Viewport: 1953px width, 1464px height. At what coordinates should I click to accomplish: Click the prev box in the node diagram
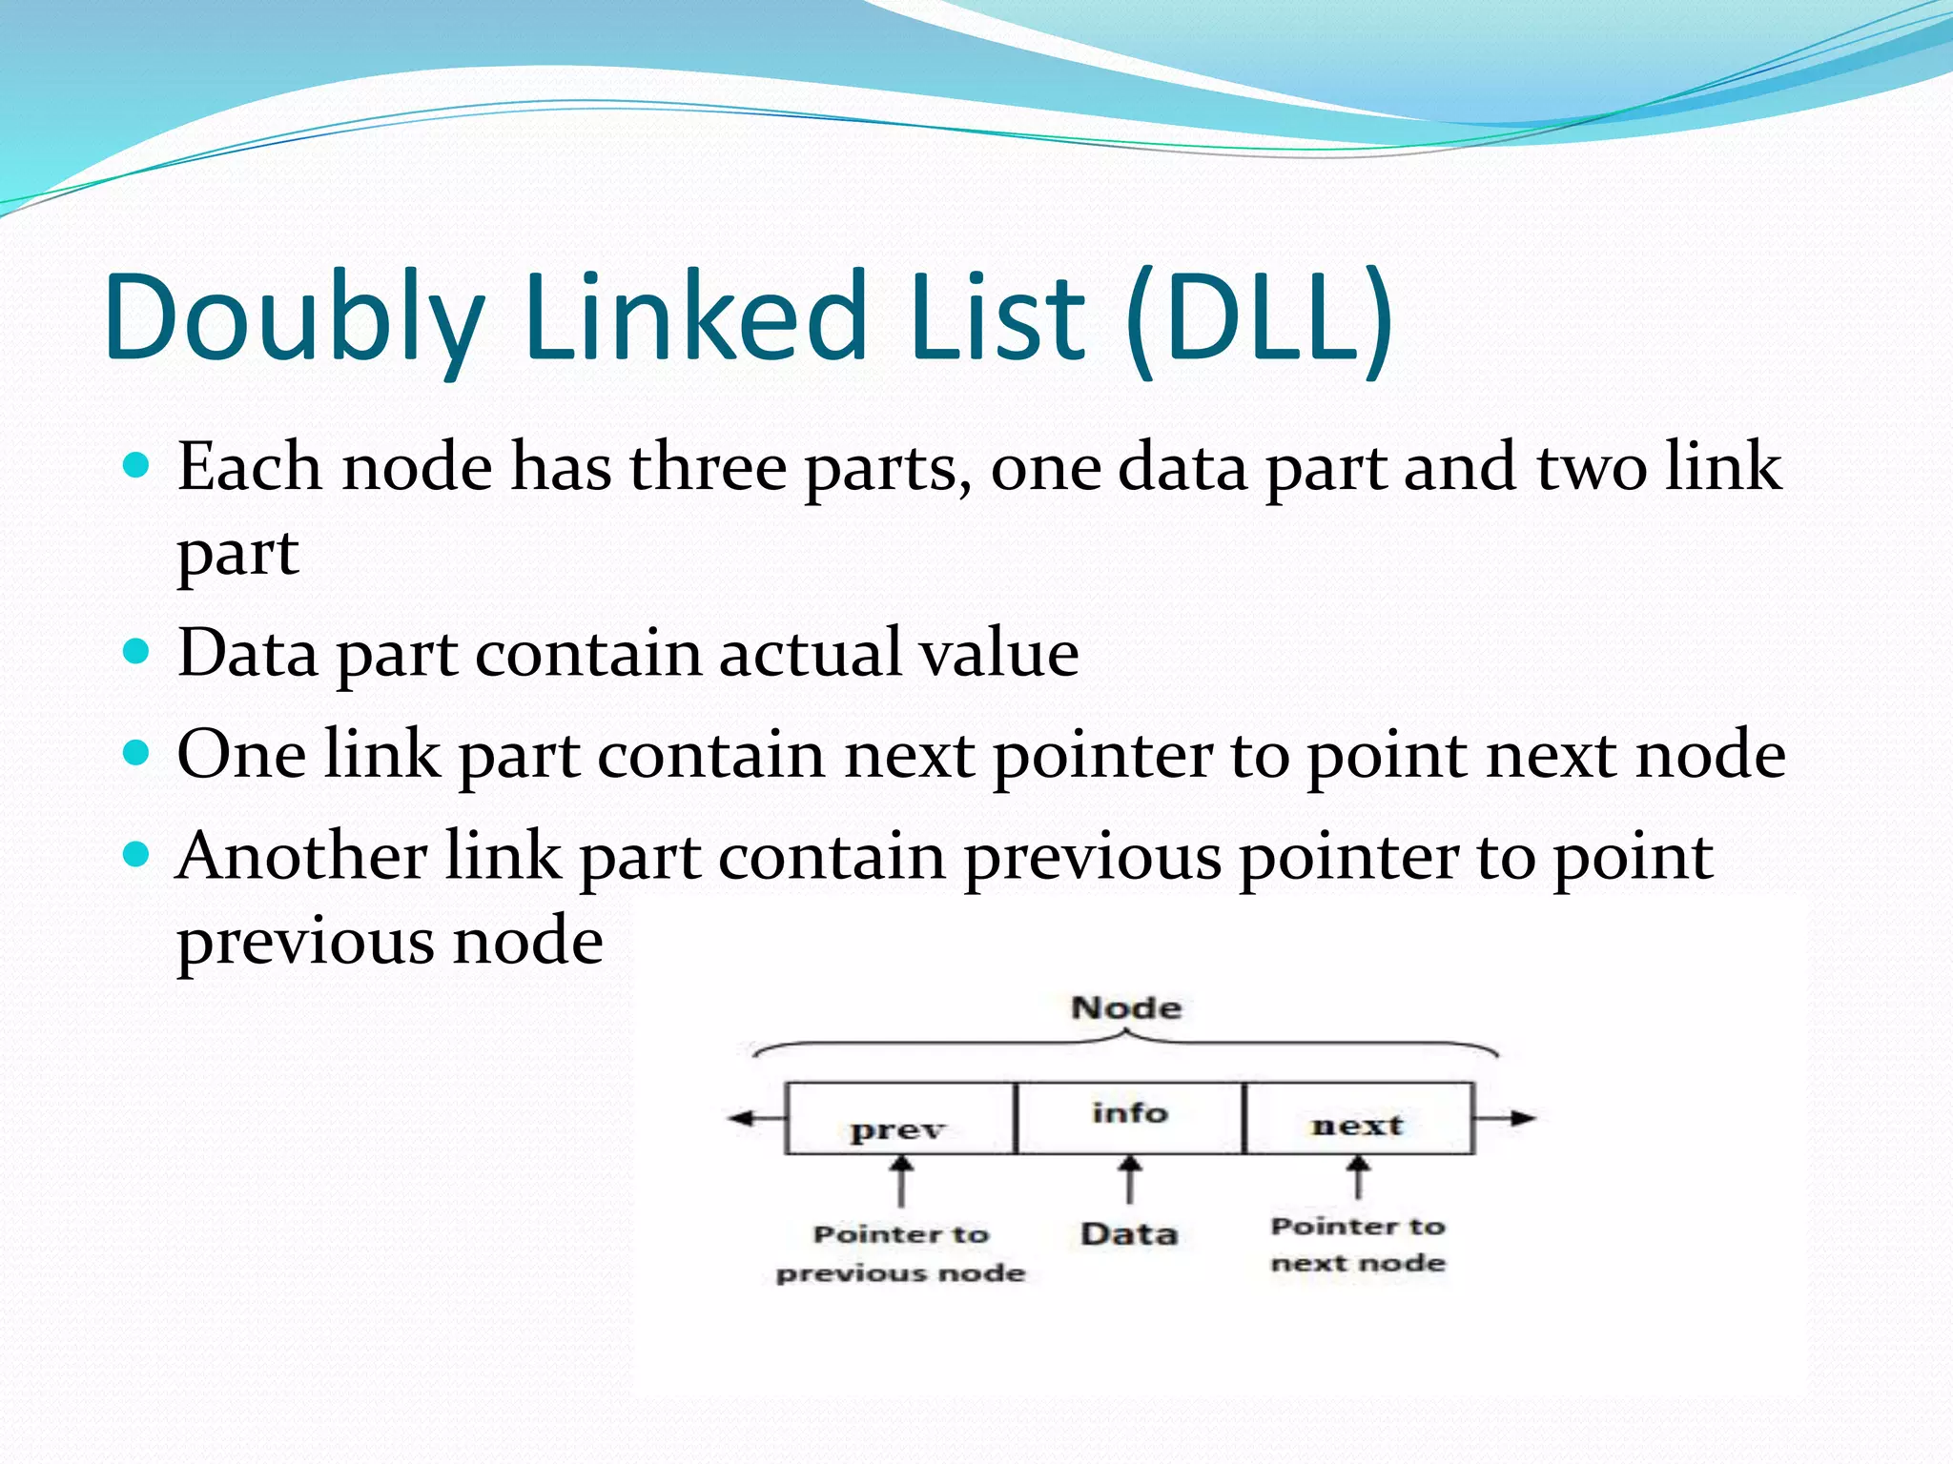(x=900, y=1119)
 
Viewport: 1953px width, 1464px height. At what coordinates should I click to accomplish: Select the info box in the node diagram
(x=1130, y=1117)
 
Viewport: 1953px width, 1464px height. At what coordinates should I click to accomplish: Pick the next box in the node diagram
(x=1358, y=1119)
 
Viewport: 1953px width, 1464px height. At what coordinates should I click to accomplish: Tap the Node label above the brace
(x=1126, y=1007)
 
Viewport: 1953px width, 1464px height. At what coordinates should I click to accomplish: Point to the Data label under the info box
(x=1129, y=1234)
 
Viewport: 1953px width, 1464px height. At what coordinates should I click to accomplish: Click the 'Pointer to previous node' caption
(x=901, y=1253)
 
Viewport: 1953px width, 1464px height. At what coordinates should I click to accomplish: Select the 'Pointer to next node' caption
(x=1358, y=1244)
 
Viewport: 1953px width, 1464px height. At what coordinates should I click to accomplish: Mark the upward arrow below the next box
(x=1359, y=1176)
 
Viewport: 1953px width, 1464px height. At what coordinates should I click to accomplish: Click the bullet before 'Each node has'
(x=137, y=465)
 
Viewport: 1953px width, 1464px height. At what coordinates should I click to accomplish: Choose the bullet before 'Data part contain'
(x=137, y=652)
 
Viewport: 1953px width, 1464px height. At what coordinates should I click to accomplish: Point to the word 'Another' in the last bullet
(x=301, y=855)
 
